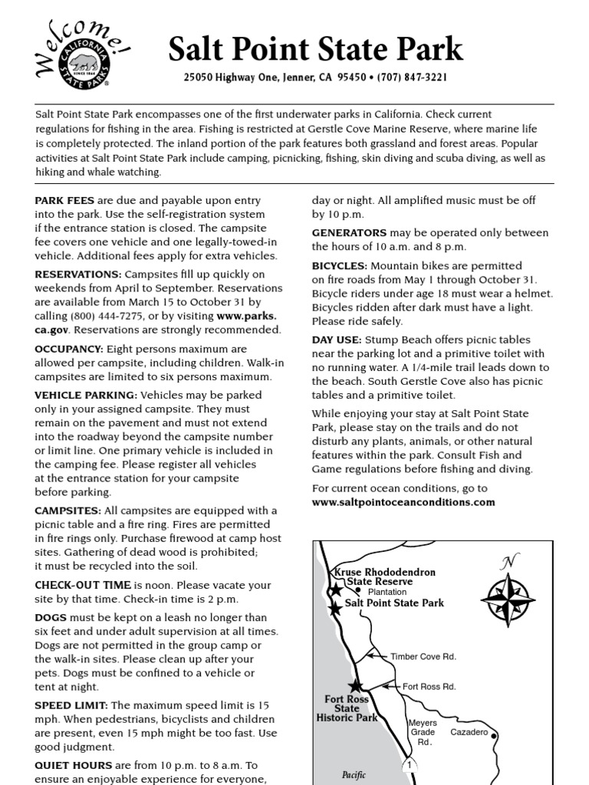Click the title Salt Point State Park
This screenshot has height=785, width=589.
pyautogui.click(x=315, y=49)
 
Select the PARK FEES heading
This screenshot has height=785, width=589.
pyautogui.click(x=64, y=200)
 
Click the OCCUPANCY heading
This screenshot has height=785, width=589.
pyautogui.click(x=69, y=349)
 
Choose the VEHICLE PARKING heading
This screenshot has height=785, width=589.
pyautogui.click(x=86, y=395)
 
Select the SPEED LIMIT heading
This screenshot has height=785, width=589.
pyautogui.click(x=72, y=705)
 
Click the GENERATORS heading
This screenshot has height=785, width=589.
pyautogui.click(x=349, y=232)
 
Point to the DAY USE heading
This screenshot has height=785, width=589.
pyautogui.click(x=337, y=340)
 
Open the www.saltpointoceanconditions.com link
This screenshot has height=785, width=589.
pyautogui.click(x=403, y=502)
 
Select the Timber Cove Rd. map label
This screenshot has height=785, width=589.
pyautogui.click(x=423, y=656)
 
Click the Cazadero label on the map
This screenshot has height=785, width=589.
pyautogui.click(x=469, y=732)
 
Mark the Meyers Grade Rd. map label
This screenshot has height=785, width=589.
pyautogui.click(x=423, y=733)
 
